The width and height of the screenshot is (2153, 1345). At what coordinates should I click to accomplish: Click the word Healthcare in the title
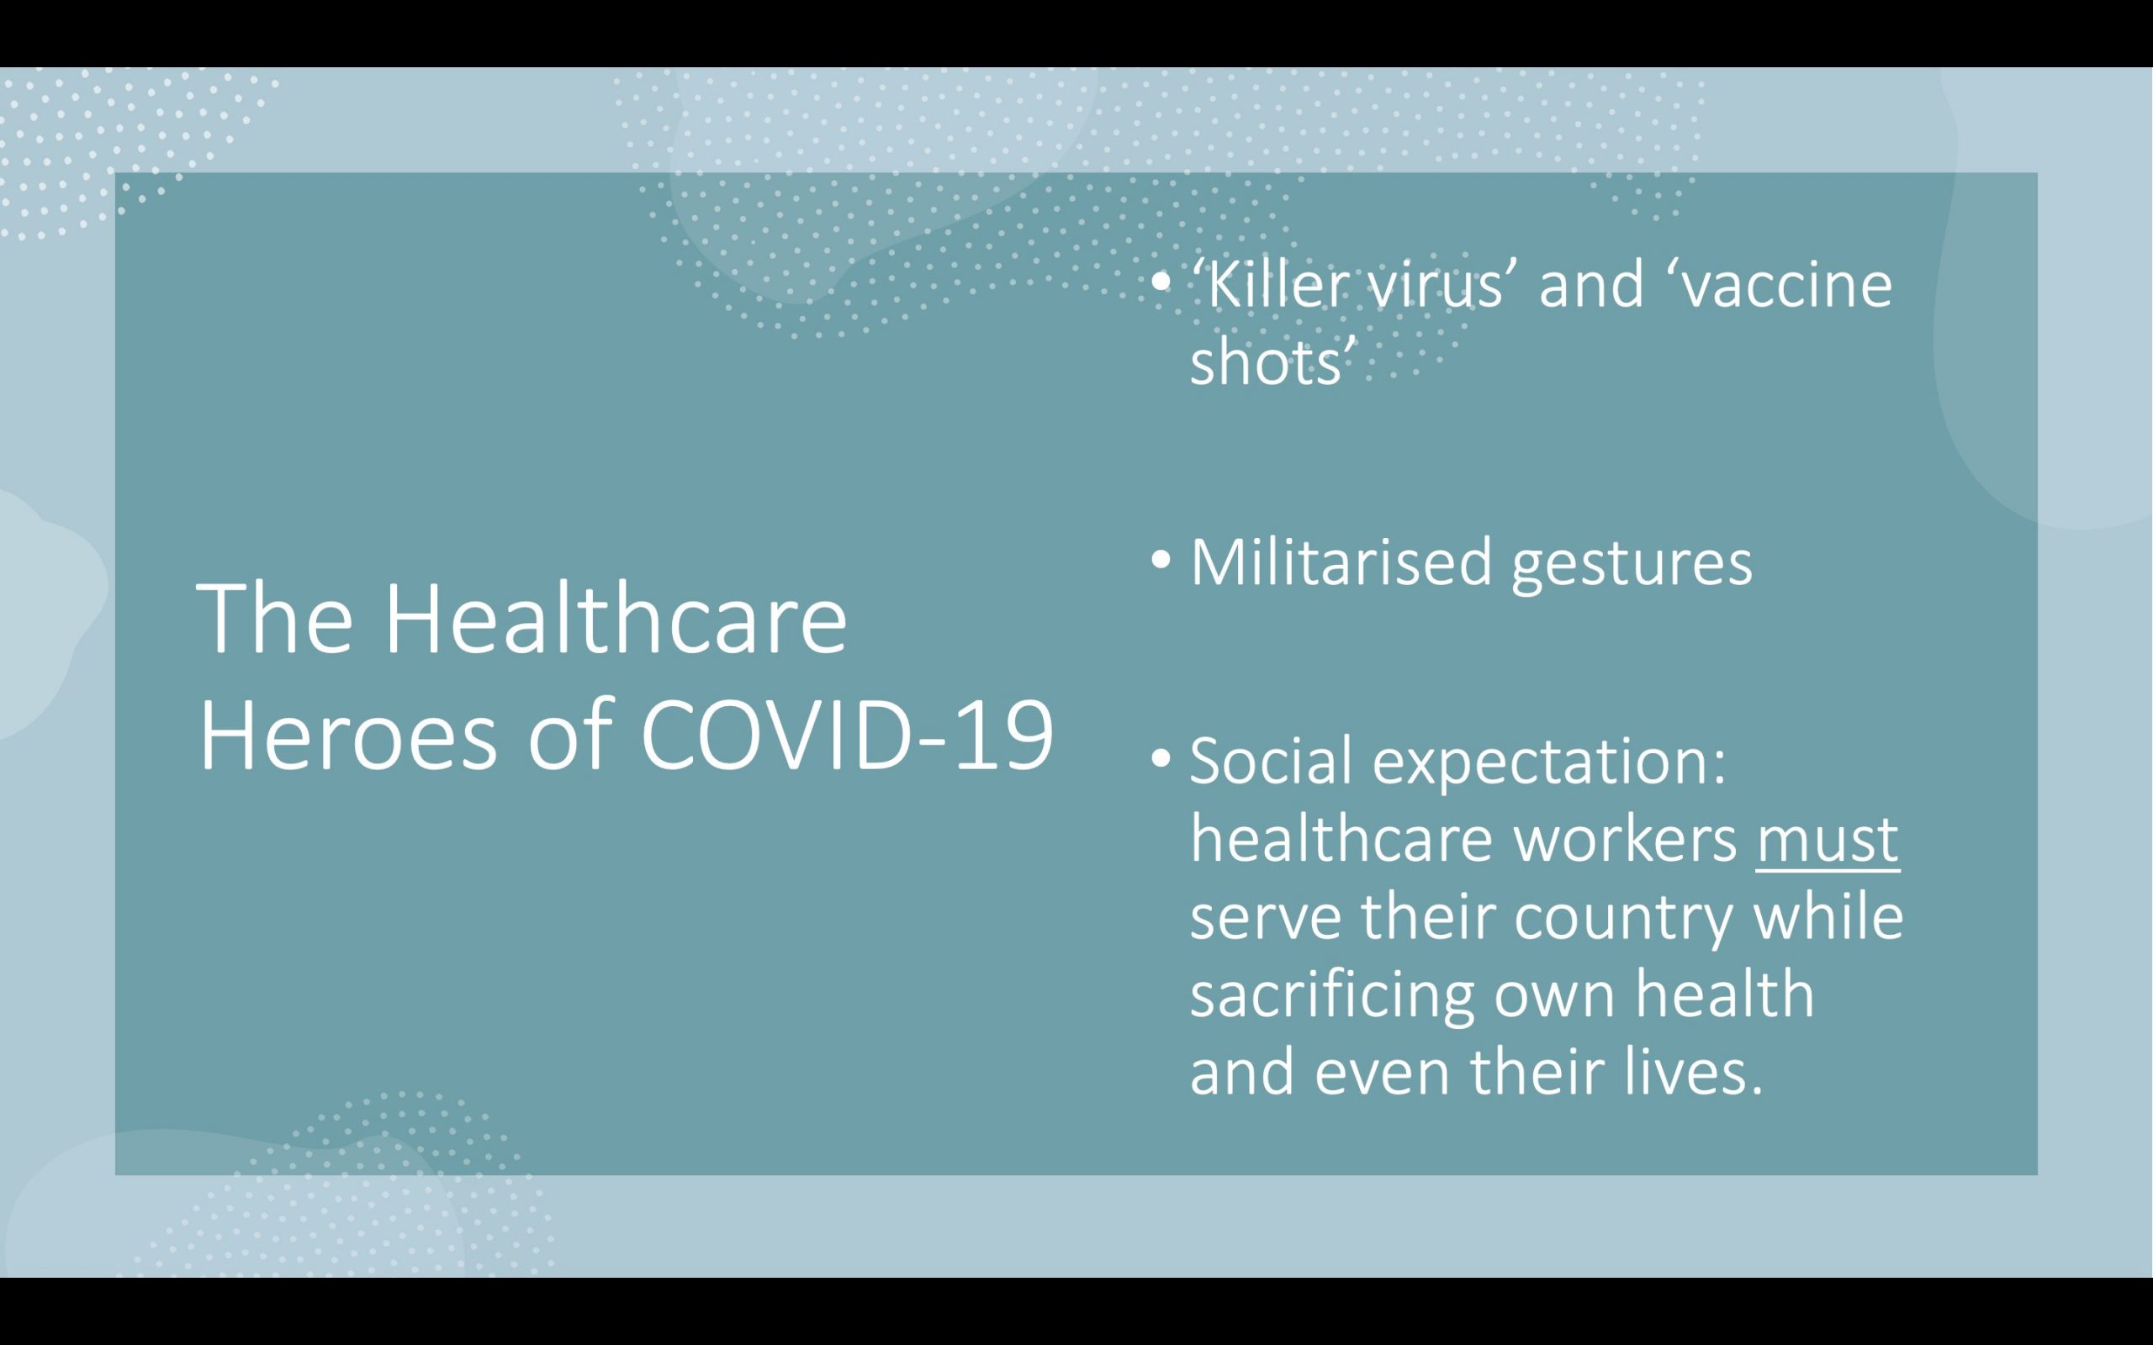click(615, 617)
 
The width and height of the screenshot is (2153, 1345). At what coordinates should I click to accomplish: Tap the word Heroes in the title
click(347, 736)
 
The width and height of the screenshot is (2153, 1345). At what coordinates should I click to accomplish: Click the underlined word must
click(1828, 840)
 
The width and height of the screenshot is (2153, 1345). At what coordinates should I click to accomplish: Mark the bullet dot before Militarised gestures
click(1161, 562)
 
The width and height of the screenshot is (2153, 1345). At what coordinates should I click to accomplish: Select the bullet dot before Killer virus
click(1161, 284)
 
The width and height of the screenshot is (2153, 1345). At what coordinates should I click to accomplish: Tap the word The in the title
click(275, 617)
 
